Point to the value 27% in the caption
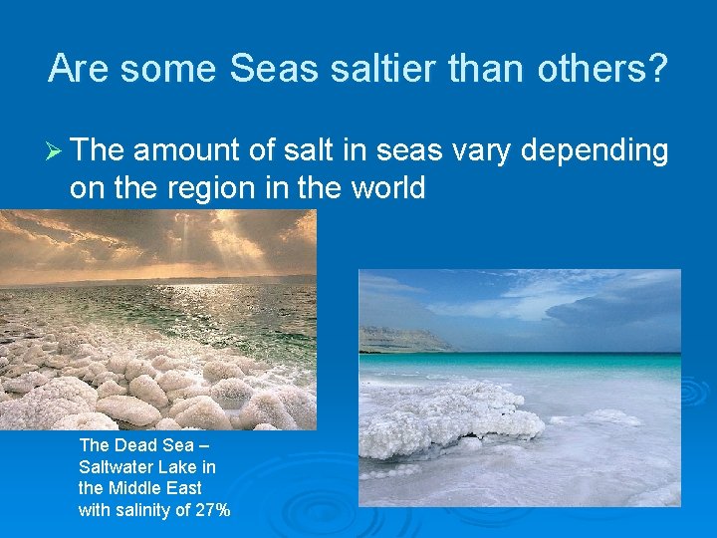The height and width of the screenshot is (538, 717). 212,510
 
